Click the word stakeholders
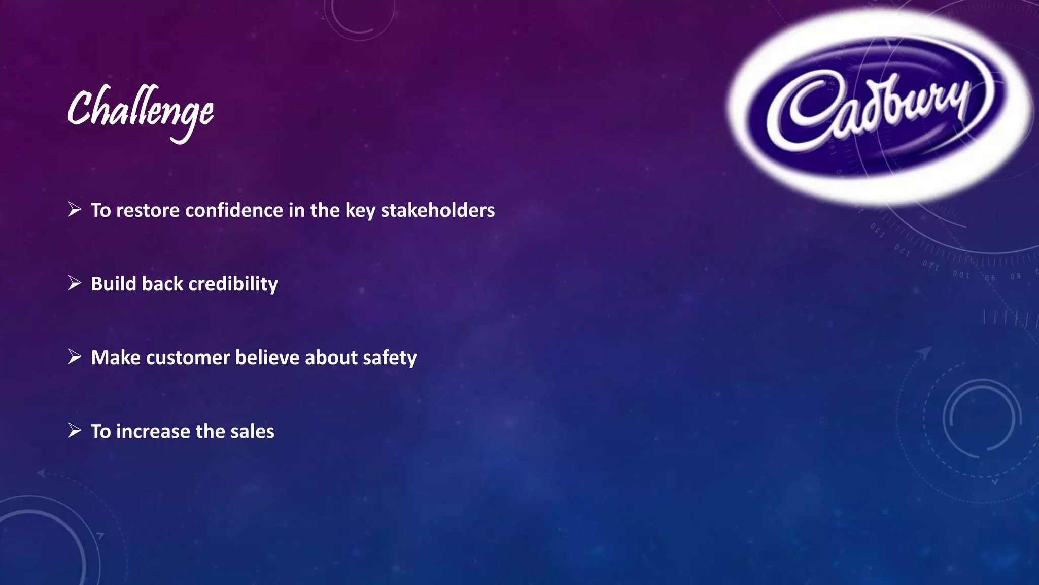(x=437, y=210)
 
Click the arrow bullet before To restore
(x=75, y=209)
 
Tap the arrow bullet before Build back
(x=75, y=283)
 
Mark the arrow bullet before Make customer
(x=75, y=356)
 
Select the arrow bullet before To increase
(x=75, y=430)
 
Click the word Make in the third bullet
(x=116, y=357)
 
